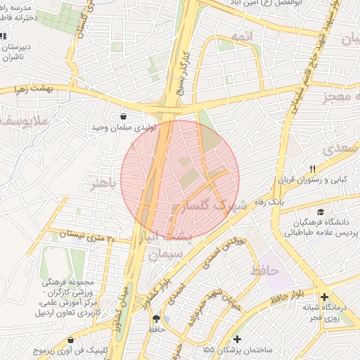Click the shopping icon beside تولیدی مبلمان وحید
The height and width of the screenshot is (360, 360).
click(124, 117)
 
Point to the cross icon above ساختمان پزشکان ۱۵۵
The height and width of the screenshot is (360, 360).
click(237, 339)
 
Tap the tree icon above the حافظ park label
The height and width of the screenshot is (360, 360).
click(155, 319)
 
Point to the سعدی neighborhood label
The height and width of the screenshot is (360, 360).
click(340, 150)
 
